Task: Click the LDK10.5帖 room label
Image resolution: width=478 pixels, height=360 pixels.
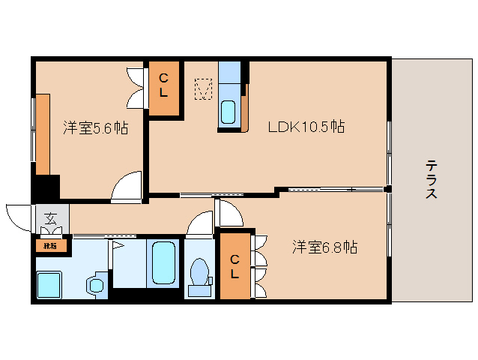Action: (306, 127)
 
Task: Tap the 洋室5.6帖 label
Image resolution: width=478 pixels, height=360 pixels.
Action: (94, 128)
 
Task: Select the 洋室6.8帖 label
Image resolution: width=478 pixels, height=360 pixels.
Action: (324, 246)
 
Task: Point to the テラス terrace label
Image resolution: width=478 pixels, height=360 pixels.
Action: (432, 179)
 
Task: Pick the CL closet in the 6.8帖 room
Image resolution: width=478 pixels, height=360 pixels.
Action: (235, 266)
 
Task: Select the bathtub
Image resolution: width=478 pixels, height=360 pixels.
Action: (162, 264)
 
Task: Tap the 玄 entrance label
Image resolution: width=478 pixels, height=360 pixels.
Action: (50, 220)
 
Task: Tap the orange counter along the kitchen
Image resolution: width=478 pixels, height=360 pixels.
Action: (246, 109)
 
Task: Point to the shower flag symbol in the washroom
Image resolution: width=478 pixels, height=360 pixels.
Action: (117, 244)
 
